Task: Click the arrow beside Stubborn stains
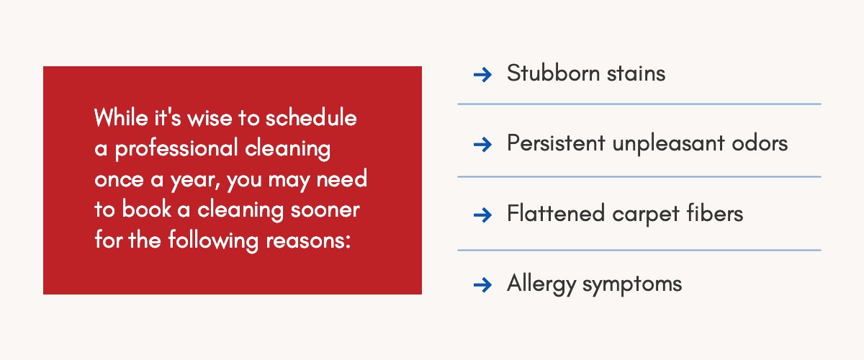pyautogui.click(x=482, y=74)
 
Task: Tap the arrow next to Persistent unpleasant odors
pyautogui.click(x=482, y=145)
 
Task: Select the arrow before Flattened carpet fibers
pyautogui.click(x=482, y=215)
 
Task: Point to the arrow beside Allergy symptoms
pyautogui.click(x=482, y=285)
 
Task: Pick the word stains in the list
pyautogui.click(x=636, y=73)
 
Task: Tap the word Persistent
pyautogui.click(x=556, y=143)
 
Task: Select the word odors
pyautogui.click(x=760, y=143)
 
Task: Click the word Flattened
pyautogui.click(x=555, y=213)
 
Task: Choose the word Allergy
pyautogui.click(x=541, y=284)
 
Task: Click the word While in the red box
pyautogui.click(x=121, y=117)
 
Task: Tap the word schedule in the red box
pyautogui.click(x=311, y=117)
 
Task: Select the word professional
pyautogui.click(x=176, y=149)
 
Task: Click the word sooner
pyautogui.click(x=325, y=211)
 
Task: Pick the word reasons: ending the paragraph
pyautogui.click(x=308, y=241)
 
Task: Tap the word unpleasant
pyautogui.click(x=668, y=144)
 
